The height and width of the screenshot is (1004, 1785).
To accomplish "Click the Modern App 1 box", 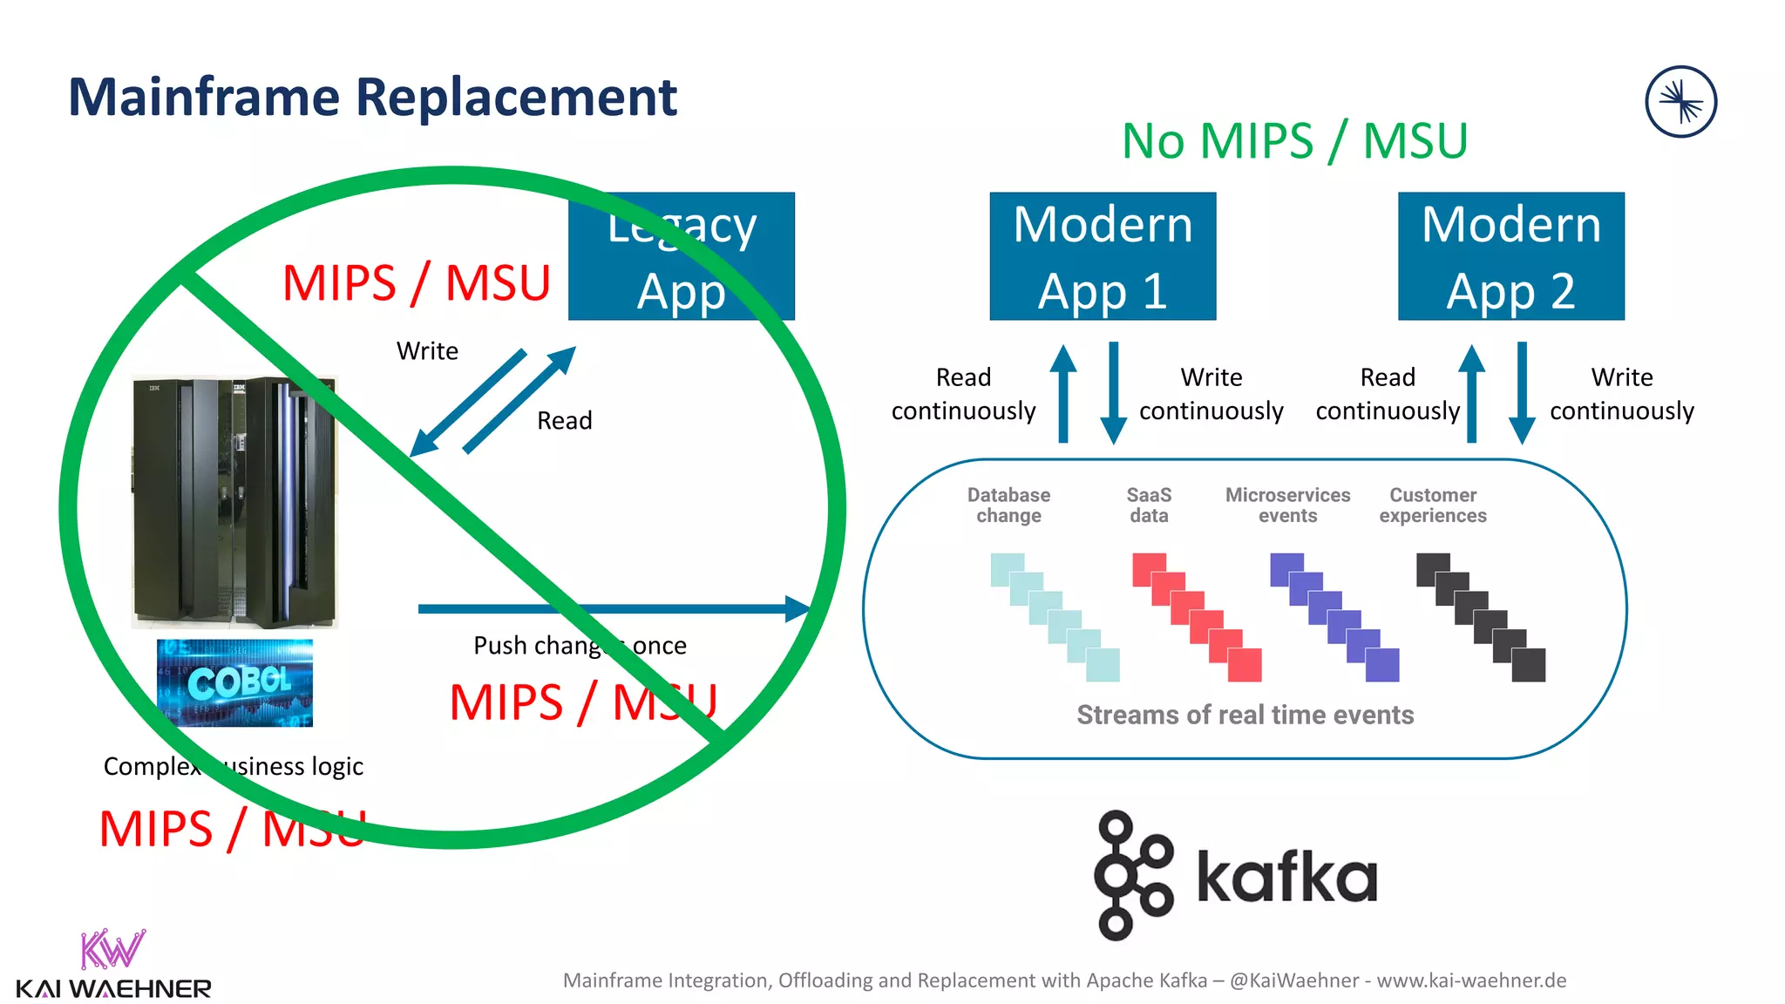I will pos(1103,256).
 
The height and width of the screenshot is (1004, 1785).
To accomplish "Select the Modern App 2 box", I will pos(1510,256).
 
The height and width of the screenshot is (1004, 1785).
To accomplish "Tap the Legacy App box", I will pos(681,256).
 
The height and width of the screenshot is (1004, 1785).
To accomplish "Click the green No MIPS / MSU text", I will pos(1294,141).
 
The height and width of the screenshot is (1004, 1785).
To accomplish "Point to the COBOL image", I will pos(234,682).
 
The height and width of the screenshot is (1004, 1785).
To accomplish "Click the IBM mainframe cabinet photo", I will pos(234,502).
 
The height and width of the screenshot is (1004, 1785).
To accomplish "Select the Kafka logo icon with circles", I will pos(1132,875).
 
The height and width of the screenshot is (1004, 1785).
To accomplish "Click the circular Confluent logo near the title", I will pos(1680,102).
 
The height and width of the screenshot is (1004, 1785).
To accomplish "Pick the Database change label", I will pos(1008,505).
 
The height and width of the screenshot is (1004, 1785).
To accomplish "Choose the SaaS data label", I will pos(1149,505).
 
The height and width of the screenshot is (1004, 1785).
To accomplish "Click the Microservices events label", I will pos(1287,505).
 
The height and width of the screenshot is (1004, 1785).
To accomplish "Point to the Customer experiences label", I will pos(1432,505).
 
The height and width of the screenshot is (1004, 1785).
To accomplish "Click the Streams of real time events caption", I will pos(1245,716).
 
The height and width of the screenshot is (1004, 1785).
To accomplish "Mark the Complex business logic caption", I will pos(233,766).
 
